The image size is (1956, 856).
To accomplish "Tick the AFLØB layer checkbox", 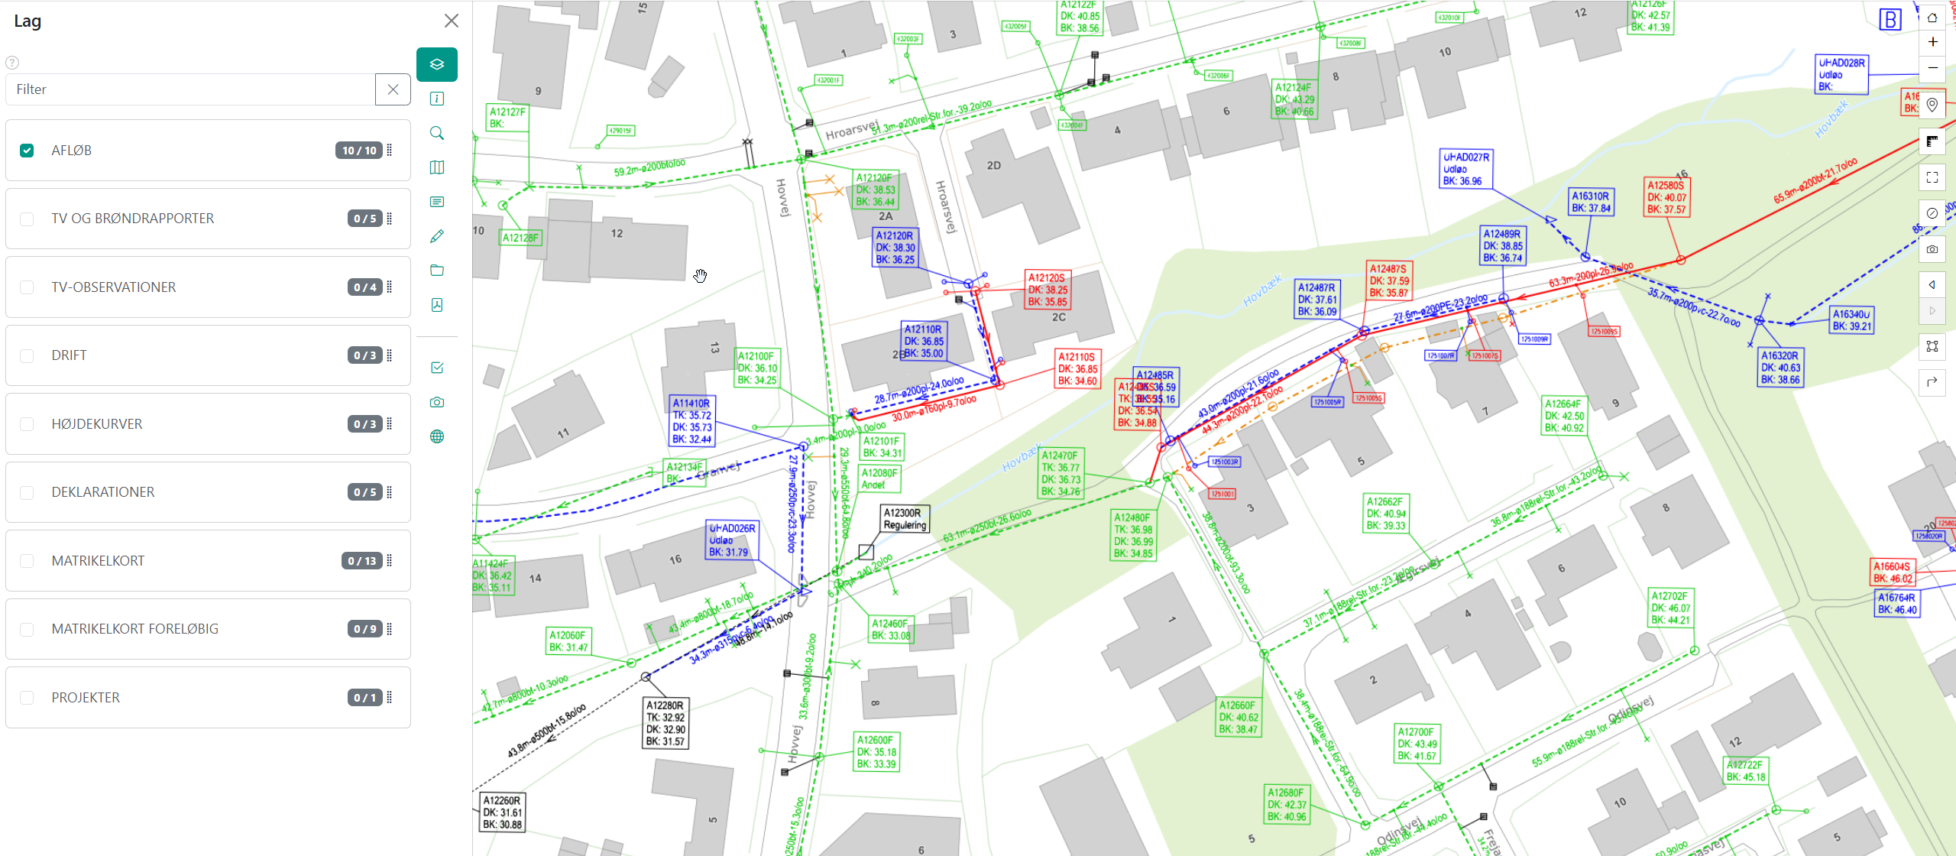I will pyautogui.click(x=27, y=151).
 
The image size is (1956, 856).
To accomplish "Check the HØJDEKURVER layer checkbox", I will pyautogui.click(x=27, y=424).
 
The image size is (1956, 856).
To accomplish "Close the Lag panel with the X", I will pyautogui.click(x=452, y=21).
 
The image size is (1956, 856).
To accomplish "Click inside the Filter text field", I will pyautogui.click(x=191, y=89).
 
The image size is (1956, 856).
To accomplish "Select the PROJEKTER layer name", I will pyautogui.click(x=86, y=698).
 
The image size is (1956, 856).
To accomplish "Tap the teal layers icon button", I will pyautogui.click(x=437, y=64).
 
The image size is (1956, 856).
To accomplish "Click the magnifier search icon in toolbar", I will pyautogui.click(x=437, y=133).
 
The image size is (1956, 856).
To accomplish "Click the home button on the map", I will pyautogui.click(x=1932, y=17).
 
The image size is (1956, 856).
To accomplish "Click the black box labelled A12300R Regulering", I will pyautogui.click(x=905, y=519).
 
